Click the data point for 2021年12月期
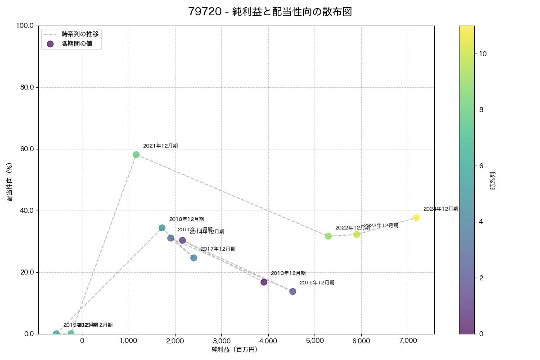click(x=136, y=155)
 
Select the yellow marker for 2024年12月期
click(x=416, y=218)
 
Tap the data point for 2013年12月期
click(x=264, y=282)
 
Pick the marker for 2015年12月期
click(x=293, y=292)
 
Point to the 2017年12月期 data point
click(x=193, y=258)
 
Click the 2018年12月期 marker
click(x=162, y=228)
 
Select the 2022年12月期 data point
click(x=328, y=236)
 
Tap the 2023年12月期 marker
click(x=357, y=234)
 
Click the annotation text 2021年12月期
click(x=160, y=146)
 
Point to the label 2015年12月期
click(x=317, y=283)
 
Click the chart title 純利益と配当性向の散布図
click(x=270, y=12)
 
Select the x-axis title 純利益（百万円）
click(x=234, y=350)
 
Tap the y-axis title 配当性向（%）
click(x=9, y=180)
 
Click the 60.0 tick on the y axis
click(x=26, y=149)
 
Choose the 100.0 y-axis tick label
click(x=25, y=26)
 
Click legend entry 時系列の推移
click(x=80, y=34)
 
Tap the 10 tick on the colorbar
click(x=483, y=54)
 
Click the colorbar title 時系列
click(x=493, y=180)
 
